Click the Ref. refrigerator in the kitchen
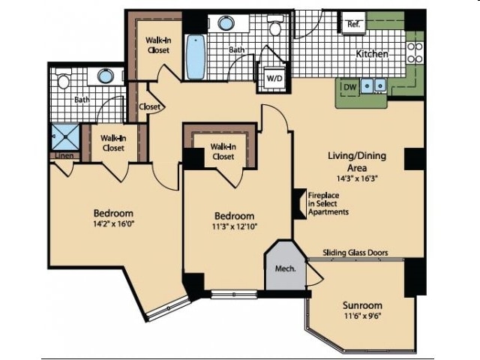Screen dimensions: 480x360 point(353,22)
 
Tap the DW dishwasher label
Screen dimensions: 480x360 point(350,87)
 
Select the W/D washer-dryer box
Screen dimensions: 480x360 point(274,77)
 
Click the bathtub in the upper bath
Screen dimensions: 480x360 point(195,57)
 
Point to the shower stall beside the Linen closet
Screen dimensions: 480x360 point(65,136)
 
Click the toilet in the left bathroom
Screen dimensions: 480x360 point(63,79)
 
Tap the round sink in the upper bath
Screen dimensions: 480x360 point(226,23)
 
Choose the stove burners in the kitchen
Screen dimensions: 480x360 point(415,52)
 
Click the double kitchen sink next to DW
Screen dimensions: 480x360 point(373,85)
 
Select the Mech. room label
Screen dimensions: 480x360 point(285,268)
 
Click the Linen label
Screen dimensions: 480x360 point(64,155)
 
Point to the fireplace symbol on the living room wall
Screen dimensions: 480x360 point(300,203)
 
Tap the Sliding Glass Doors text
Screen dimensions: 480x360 point(355,253)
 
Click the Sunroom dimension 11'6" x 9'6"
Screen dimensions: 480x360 point(362,315)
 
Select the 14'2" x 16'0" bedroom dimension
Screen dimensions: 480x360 point(114,223)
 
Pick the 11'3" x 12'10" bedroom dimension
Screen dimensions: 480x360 point(235,226)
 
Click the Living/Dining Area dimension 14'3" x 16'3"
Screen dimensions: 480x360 point(357,178)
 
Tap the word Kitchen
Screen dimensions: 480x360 point(372,54)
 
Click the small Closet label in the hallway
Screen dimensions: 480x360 point(150,106)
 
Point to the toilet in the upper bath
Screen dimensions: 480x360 point(275,25)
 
